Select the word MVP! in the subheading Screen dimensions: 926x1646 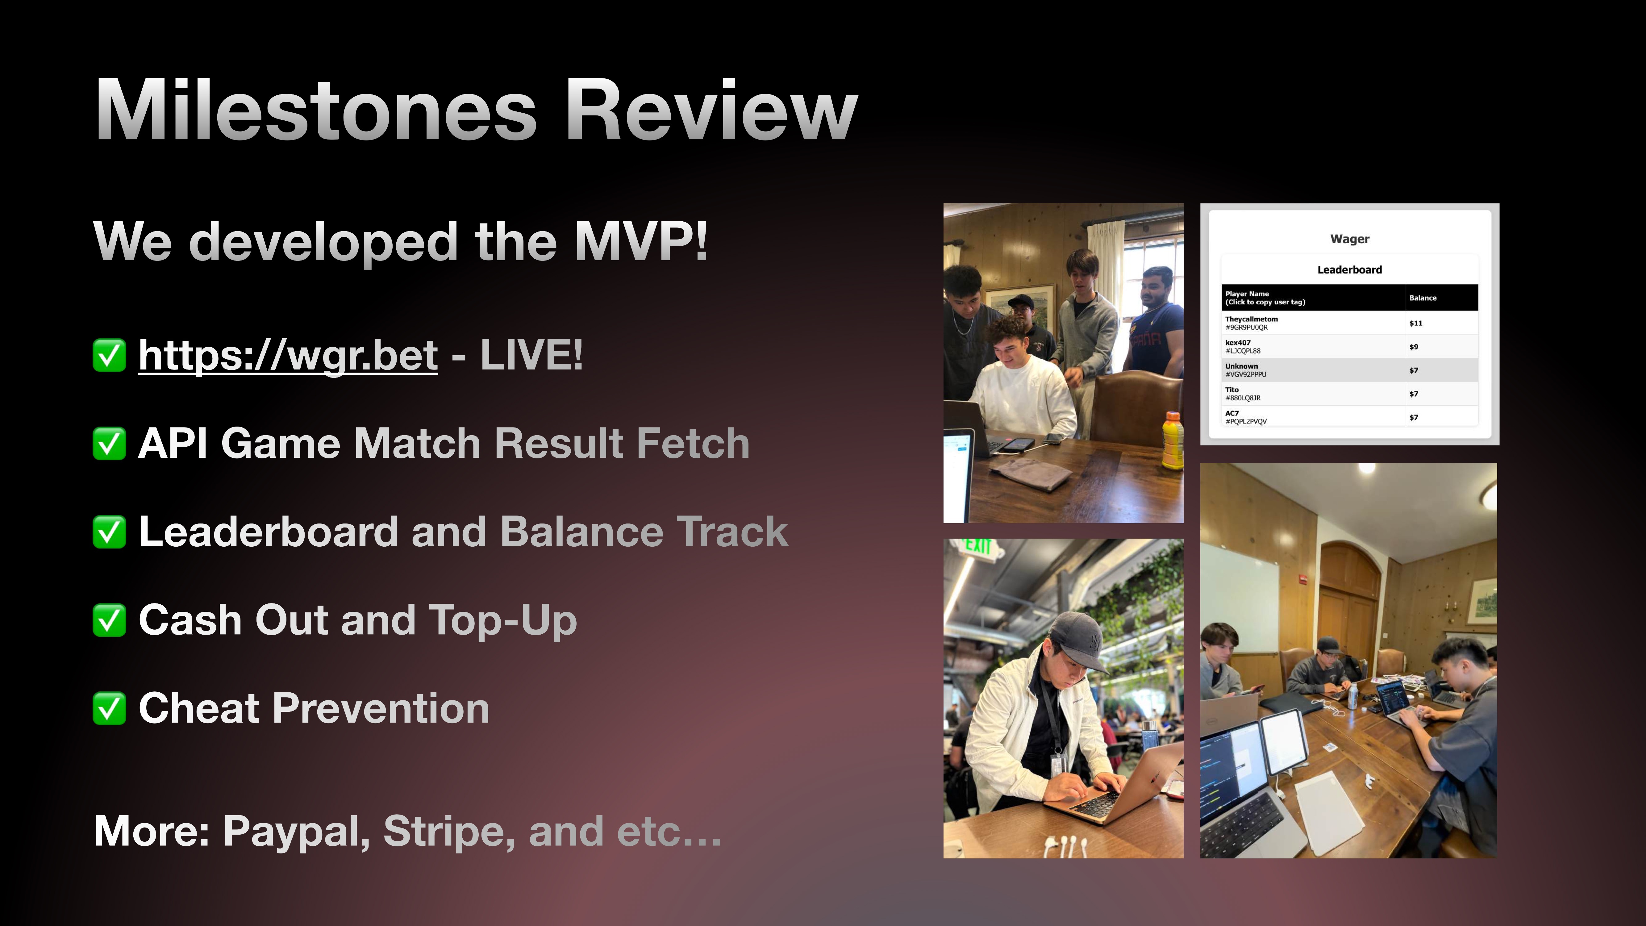point(641,242)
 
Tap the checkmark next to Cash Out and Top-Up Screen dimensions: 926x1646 point(109,620)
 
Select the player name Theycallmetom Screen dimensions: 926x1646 point(1251,319)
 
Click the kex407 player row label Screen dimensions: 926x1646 point(1238,343)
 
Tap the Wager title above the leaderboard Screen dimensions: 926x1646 point(1349,239)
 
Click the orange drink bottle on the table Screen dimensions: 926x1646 point(1172,441)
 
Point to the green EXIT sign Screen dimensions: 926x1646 point(978,546)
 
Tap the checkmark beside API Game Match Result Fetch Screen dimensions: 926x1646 point(109,444)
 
